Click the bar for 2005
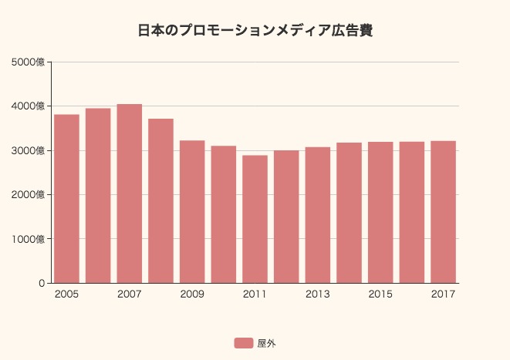click(x=66, y=198)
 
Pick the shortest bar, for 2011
click(x=255, y=219)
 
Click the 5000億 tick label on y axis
click(x=29, y=62)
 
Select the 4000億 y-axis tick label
click(x=29, y=106)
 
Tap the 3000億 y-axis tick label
click(x=29, y=150)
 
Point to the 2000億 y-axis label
click(x=29, y=194)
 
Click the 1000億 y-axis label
click(x=29, y=239)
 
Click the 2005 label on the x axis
click(x=66, y=294)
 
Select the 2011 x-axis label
click(x=255, y=294)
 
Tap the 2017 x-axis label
click(x=443, y=294)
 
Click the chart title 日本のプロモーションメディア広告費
click(x=255, y=31)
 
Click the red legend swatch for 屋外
click(x=244, y=343)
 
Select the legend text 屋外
click(x=266, y=343)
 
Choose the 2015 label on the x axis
click(x=380, y=294)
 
